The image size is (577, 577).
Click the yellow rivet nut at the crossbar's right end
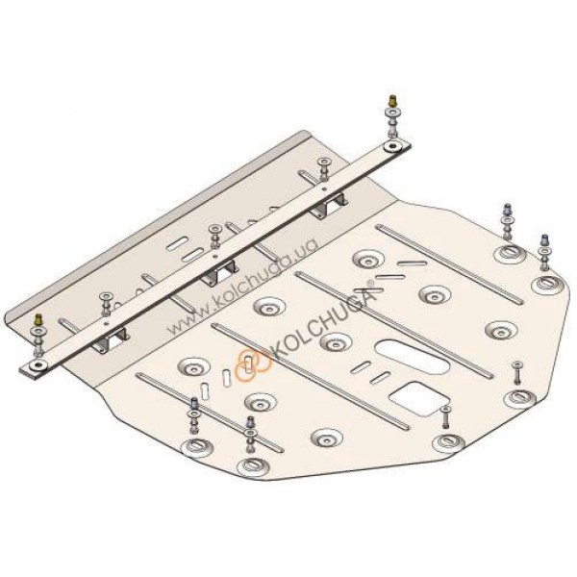pos(393,100)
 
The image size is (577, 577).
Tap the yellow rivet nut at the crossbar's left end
pos(38,320)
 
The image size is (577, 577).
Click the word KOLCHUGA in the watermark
pos(321,320)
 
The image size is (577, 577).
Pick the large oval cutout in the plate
pos(412,356)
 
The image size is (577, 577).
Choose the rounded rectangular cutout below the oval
pos(418,399)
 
